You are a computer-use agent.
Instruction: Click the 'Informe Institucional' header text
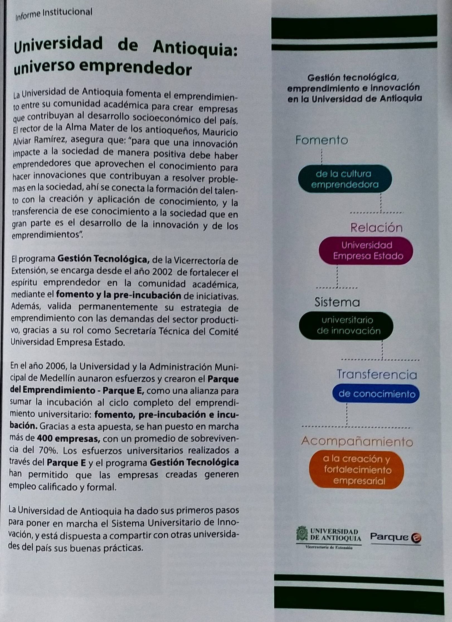coord(54,14)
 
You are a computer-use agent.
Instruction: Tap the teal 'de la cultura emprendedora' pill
coord(345,179)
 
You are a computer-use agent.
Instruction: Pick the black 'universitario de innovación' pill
coord(346,325)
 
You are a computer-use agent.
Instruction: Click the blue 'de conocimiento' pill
coord(376,394)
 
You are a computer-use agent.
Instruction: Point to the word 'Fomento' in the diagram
coord(322,140)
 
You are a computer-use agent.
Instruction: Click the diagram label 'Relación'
coord(376,228)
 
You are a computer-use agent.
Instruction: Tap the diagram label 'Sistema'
coord(337,302)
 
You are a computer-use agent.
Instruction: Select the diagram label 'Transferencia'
coord(377,375)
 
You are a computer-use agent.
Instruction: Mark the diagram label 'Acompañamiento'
coord(357,441)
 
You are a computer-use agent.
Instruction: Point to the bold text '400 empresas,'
coord(69,439)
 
